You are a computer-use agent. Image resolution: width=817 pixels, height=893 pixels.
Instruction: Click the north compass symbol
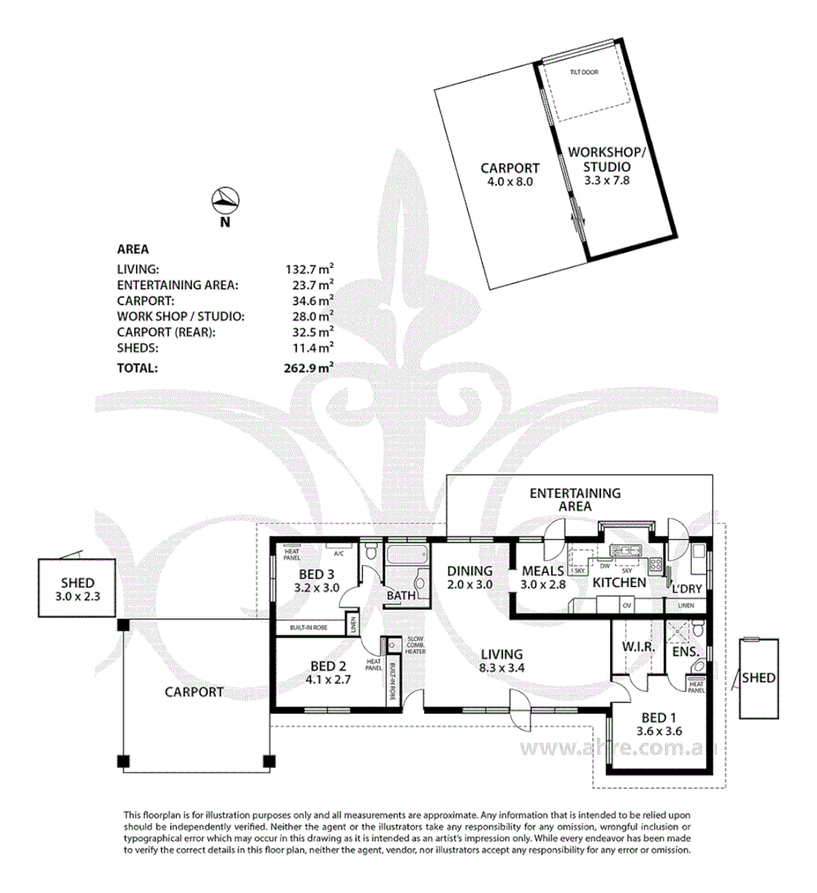(x=225, y=199)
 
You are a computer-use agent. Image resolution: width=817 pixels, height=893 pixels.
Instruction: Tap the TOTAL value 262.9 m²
(x=308, y=369)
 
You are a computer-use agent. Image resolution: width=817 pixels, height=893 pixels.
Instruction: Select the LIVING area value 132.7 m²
(x=308, y=269)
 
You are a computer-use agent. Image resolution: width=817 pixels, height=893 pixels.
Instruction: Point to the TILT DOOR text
(x=583, y=73)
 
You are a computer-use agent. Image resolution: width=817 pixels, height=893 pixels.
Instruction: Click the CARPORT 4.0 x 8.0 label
(x=510, y=174)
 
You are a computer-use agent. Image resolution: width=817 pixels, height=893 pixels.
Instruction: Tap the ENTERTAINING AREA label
(x=575, y=499)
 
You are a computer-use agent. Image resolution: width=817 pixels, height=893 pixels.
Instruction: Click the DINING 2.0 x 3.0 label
(x=469, y=577)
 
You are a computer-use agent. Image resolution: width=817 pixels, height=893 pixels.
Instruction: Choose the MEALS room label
(x=542, y=571)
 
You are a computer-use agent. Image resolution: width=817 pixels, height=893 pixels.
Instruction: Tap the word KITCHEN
(x=619, y=582)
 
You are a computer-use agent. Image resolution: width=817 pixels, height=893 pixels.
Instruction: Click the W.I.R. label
(x=638, y=647)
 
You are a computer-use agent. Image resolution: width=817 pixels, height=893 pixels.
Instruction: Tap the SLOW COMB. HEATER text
(x=415, y=646)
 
